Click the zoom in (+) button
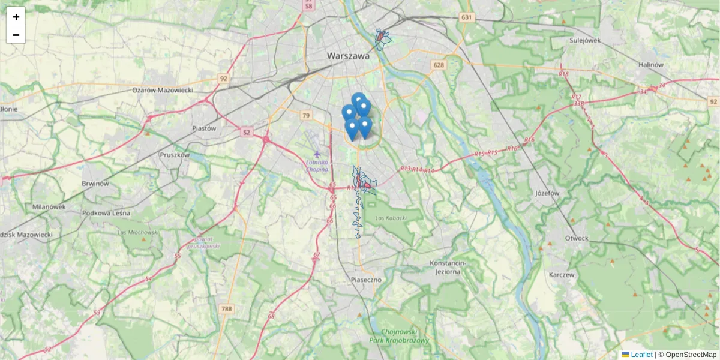pos(16,17)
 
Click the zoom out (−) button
pos(16,35)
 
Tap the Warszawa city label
pos(348,56)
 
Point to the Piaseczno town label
pos(366,280)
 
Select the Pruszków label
pos(175,154)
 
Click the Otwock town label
pos(577,238)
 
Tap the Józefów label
pos(546,194)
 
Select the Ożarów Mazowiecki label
pos(162,89)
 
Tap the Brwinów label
pos(96,184)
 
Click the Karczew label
pos(562,275)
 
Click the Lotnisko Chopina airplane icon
pos(317,154)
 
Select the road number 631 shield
pos(467,17)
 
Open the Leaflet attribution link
pos(641,355)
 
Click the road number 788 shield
pos(226,309)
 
